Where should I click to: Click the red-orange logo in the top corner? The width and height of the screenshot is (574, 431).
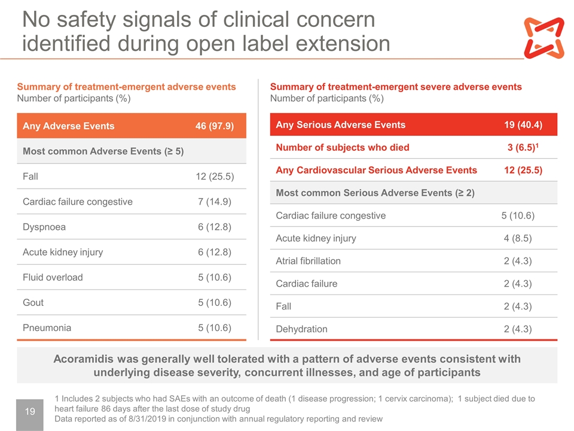pyautogui.click(x=544, y=38)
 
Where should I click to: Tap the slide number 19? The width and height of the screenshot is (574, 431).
pyautogui.click(x=30, y=411)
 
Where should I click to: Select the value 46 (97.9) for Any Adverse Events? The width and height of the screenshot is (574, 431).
pyautogui.click(x=215, y=126)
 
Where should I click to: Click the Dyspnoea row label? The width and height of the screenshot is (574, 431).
pyautogui.click(x=44, y=227)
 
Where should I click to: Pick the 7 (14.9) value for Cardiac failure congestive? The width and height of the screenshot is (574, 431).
pyautogui.click(x=215, y=202)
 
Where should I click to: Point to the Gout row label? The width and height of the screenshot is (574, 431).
pyautogui.click(x=33, y=302)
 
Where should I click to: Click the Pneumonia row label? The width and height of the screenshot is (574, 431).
pyautogui.click(x=47, y=327)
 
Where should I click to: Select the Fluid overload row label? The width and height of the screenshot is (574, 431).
pyautogui.click(x=53, y=277)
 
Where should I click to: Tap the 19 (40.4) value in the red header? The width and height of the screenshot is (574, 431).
pyautogui.click(x=523, y=125)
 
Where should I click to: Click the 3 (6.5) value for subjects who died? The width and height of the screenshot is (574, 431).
pyautogui.click(x=523, y=147)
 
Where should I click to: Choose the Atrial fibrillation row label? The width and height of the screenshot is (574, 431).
pyautogui.click(x=309, y=261)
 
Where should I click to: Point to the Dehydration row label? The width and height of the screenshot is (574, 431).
pyautogui.click(x=301, y=329)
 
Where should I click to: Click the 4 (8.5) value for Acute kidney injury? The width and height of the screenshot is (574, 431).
pyautogui.click(x=518, y=238)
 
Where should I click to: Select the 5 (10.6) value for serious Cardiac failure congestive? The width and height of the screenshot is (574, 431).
pyautogui.click(x=518, y=215)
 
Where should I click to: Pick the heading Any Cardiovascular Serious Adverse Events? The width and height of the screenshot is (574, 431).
pyautogui.click(x=376, y=170)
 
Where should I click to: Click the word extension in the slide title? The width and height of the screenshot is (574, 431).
pyautogui.click(x=343, y=43)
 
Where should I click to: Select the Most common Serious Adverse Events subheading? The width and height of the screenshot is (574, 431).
pyautogui.click(x=375, y=193)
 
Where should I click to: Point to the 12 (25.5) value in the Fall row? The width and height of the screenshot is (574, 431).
pyautogui.click(x=215, y=176)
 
